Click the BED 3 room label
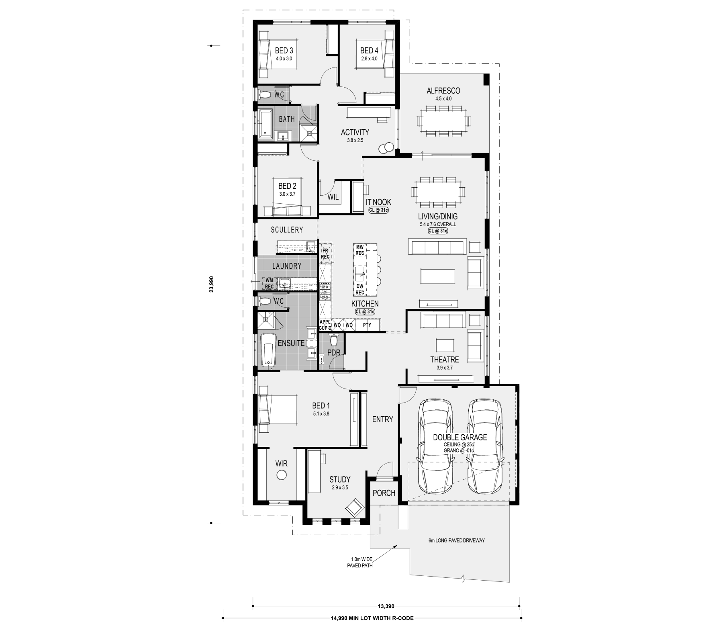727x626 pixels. tap(284, 51)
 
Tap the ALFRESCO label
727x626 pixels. tap(443, 91)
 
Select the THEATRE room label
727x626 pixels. tap(444, 360)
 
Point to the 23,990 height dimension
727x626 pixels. tap(212, 284)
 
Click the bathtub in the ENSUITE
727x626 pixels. tap(268, 350)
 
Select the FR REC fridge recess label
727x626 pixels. tap(325, 254)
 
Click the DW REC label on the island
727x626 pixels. tap(359, 289)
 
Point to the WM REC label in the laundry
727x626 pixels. tap(269, 283)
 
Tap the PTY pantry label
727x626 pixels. tap(367, 325)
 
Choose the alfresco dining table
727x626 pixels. tap(444, 121)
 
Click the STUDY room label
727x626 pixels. tap(340, 479)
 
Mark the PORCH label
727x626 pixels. tap(384, 493)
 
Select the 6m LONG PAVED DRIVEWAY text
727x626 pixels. tap(457, 540)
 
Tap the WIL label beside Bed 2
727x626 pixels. tap(333, 197)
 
